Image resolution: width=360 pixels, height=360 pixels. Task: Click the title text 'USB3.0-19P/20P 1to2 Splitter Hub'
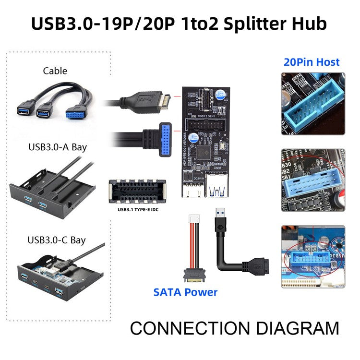tap(180, 23)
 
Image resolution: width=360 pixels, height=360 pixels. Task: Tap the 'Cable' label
tap(55, 71)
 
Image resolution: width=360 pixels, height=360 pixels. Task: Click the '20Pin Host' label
tap(312, 62)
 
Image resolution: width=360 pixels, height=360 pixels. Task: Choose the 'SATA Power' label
tap(185, 292)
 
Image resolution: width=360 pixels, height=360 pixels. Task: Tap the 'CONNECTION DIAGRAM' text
tap(234, 329)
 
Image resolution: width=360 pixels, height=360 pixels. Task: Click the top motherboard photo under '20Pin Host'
tap(312, 103)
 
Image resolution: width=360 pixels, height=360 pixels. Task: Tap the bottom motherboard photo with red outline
tap(312, 256)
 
